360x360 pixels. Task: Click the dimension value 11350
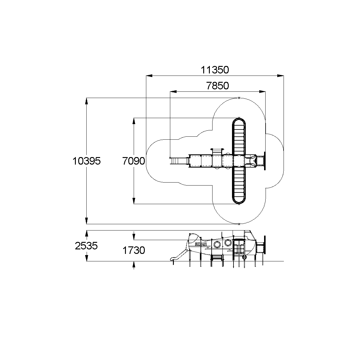click(215, 70)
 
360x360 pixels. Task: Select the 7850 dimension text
click(217, 86)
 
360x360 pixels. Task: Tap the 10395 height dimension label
click(87, 161)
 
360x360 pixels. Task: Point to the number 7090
click(134, 161)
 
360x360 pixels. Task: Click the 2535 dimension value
click(86, 246)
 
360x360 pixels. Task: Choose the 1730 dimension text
click(134, 250)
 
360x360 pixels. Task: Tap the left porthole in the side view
click(217, 244)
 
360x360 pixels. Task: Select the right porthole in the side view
click(228, 242)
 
